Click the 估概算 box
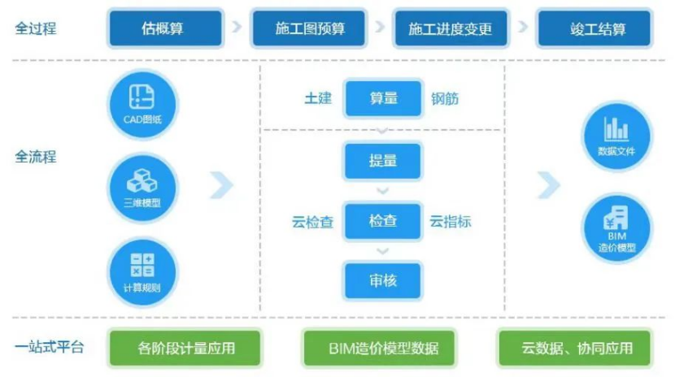click(165, 28)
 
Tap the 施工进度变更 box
click(451, 28)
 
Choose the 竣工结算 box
click(594, 28)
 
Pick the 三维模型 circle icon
click(142, 186)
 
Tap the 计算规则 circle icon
click(142, 271)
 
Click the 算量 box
click(383, 98)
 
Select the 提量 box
click(383, 160)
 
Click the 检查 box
click(383, 220)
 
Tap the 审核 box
click(383, 281)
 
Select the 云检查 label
click(312, 221)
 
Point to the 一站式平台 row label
click(48, 349)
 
